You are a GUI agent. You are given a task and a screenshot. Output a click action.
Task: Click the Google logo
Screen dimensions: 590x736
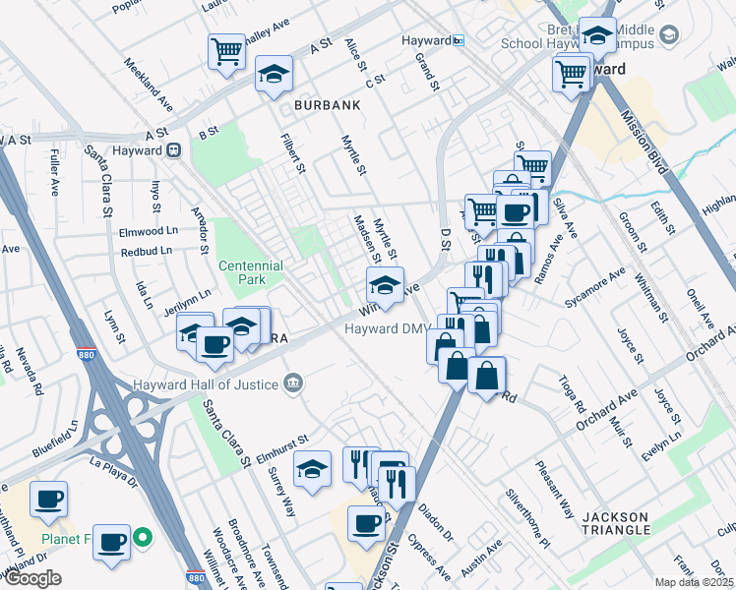[x=31, y=578]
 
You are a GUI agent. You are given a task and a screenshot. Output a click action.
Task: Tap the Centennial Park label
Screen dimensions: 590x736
[x=250, y=272]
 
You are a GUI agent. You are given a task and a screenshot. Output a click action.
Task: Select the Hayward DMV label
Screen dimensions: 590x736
[x=384, y=329]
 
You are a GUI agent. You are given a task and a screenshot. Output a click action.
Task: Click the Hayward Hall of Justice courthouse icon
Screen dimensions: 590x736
[x=292, y=383]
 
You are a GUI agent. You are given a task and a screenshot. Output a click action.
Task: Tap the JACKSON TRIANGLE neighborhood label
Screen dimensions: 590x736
[x=615, y=524]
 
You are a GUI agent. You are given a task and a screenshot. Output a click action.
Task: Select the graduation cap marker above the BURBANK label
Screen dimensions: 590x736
[x=274, y=74]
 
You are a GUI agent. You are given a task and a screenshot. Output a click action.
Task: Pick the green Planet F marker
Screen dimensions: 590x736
[x=143, y=537]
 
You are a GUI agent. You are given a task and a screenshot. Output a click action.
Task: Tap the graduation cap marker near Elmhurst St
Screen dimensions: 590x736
[x=313, y=468]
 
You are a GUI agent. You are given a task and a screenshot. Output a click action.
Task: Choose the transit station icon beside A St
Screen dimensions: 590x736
[x=174, y=150]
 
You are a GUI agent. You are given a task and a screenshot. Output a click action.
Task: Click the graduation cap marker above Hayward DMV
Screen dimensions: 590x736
[x=384, y=286]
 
